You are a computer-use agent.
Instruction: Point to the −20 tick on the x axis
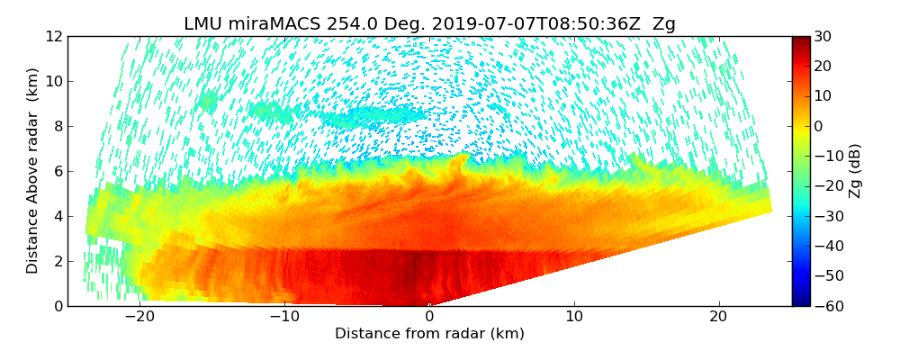tap(139, 317)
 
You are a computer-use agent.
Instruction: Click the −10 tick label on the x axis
tap(284, 317)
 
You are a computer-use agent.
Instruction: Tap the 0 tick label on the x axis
tap(429, 317)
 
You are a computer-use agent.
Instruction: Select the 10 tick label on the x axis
tap(574, 317)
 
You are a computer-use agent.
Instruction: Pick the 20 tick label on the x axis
tap(718, 317)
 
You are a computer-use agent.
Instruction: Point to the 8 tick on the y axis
tap(58, 126)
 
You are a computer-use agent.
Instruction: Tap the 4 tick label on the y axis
tap(58, 216)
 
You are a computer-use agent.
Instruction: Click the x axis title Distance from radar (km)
tap(429, 334)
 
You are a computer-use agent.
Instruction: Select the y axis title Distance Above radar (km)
tap(32, 171)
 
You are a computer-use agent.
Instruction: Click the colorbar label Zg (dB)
tap(855, 171)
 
